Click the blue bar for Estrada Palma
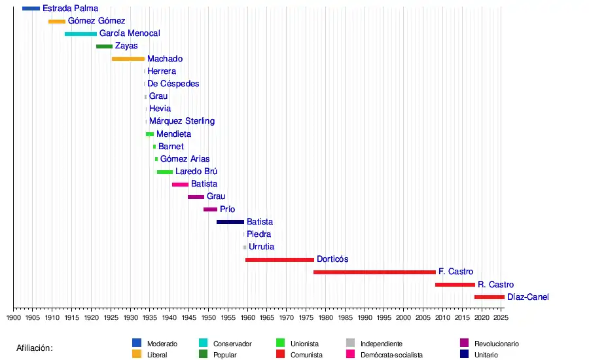click(x=31, y=9)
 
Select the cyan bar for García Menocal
click(x=80, y=33)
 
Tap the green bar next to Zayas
click(x=104, y=46)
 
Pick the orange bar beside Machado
click(x=128, y=59)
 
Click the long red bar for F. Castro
click(x=374, y=272)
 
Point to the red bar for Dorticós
click(x=279, y=260)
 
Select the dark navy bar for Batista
click(x=230, y=222)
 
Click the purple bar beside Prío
click(x=210, y=209)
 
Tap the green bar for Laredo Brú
click(x=165, y=172)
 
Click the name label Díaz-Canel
click(x=527, y=297)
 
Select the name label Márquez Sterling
click(x=182, y=121)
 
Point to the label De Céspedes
click(x=173, y=84)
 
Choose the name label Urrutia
click(x=262, y=247)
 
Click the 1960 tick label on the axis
click(x=247, y=318)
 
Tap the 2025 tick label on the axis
click(x=501, y=318)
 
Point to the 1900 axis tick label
click(x=14, y=318)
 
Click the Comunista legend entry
click(x=307, y=355)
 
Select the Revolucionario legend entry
click(x=496, y=343)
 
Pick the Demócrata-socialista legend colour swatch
click(x=351, y=355)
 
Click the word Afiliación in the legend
click(x=35, y=348)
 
